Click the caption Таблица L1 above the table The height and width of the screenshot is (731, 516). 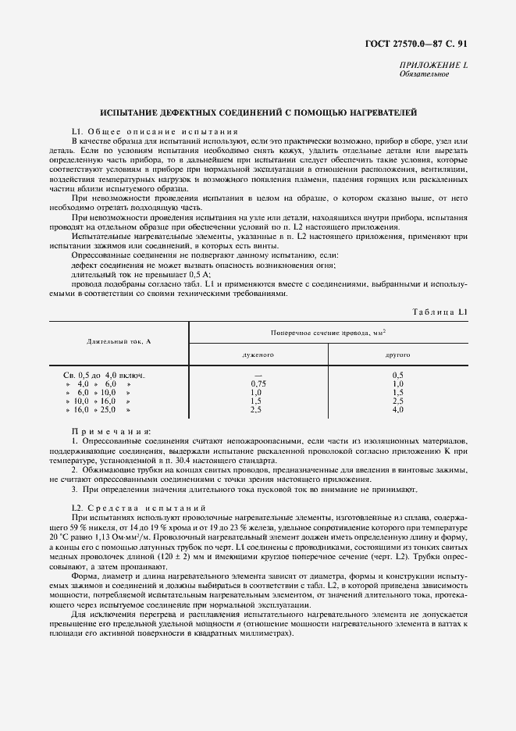(440, 312)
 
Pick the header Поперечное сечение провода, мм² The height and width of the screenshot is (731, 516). (329, 332)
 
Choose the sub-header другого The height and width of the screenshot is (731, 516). (397, 354)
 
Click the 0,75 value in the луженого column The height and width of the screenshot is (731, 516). (258, 383)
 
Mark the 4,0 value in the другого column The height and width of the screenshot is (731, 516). (397, 409)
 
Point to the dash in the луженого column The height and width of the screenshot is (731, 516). (258, 375)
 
